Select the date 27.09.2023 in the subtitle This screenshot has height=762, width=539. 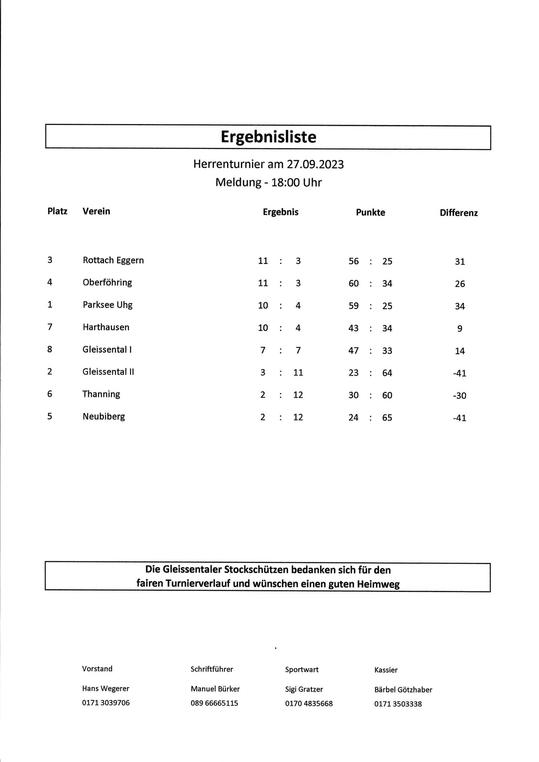click(x=315, y=164)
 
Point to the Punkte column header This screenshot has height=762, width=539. click(x=371, y=213)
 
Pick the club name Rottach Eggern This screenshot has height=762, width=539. click(x=113, y=260)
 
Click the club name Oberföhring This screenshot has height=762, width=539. click(x=107, y=282)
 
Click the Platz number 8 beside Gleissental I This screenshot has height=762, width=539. click(x=50, y=349)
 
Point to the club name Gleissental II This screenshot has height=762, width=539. click(x=108, y=372)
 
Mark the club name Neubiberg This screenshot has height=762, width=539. click(x=104, y=416)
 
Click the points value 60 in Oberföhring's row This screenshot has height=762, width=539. click(x=354, y=283)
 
